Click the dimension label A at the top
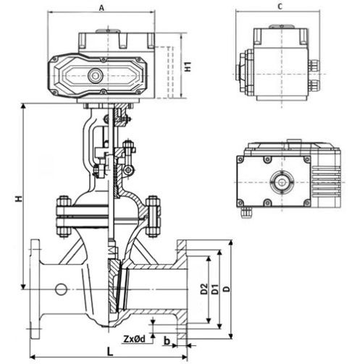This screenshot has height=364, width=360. [x=101, y=8]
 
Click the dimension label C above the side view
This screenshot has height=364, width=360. [x=280, y=7]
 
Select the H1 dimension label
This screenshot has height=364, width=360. [x=188, y=67]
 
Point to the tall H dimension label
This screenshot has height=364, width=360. [x=19, y=199]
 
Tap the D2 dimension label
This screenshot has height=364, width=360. [x=204, y=289]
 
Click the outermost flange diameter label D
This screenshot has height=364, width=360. [x=227, y=289]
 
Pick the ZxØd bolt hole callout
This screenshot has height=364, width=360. [x=135, y=339]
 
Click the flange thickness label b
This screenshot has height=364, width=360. [x=167, y=341]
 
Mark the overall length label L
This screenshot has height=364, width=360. [x=110, y=352]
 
